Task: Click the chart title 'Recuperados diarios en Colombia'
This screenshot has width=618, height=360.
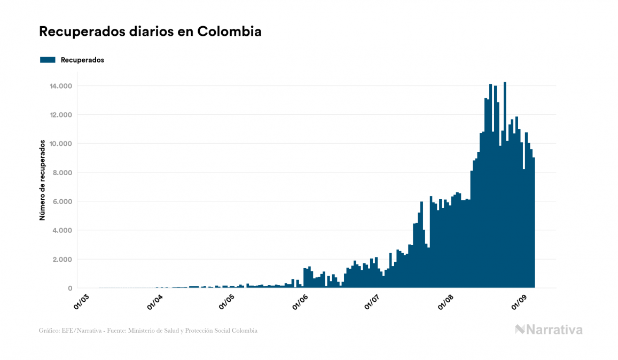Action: tap(150, 32)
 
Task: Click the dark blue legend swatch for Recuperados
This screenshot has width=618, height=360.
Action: tap(48, 60)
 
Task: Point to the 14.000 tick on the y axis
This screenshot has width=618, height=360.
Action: tap(60, 86)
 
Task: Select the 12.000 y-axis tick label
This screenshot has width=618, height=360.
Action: tap(60, 115)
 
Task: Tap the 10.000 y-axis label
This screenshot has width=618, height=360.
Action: tap(60, 144)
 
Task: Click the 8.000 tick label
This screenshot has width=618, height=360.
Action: tap(62, 173)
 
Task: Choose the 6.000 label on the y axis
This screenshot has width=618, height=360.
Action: tap(62, 201)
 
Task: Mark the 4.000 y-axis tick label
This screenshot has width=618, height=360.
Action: tap(62, 230)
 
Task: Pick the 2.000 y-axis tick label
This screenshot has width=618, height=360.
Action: tap(62, 259)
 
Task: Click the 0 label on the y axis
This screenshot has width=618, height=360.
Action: tap(70, 288)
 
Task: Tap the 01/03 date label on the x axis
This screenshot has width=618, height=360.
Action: tap(81, 301)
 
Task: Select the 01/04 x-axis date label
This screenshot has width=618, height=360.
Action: tap(154, 301)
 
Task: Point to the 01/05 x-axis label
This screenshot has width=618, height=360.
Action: tap(226, 301)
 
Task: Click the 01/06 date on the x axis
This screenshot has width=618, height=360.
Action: tap(300, 301)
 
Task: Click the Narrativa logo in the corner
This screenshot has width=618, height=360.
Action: tap(549, 330)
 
